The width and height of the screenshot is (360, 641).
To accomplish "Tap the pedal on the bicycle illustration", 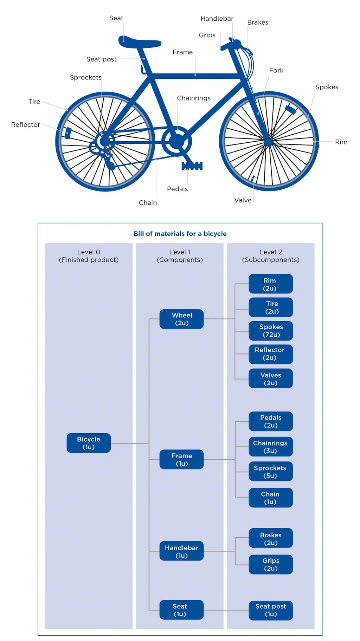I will [x=192, y=166].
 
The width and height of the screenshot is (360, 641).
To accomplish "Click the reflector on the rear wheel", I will [x=68, y=133].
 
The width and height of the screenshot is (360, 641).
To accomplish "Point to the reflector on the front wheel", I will [x=291, y=109].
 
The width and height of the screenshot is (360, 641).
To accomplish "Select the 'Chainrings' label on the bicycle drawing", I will [x=194, y=98].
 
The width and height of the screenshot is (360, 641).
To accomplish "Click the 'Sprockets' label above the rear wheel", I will [x=86, y=77].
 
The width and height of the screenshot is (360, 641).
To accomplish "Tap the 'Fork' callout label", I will [x=276, y=70].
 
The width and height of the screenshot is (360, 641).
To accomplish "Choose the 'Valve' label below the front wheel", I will [x=243, y=200].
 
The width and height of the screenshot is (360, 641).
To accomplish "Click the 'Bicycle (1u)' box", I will [x=89, y=443].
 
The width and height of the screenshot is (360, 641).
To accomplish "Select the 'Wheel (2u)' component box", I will [x=181, y=319].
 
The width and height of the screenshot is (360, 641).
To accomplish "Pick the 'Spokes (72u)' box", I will [x=271, y=331].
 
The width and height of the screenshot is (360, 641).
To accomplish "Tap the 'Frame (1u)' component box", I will [x=181, y=459].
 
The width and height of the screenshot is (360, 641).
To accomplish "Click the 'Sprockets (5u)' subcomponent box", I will [x=271, y=471].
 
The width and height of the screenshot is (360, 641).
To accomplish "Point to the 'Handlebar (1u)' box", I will [x=181, y=551].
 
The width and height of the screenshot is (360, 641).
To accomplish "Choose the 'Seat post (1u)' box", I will [x=271, y=610].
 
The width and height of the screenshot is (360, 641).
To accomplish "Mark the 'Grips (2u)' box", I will [x=271, y=564].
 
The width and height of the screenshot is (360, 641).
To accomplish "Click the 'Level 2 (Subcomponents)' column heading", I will [x=271, y=256].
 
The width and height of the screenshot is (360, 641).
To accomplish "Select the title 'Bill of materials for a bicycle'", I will [x=180, y=234].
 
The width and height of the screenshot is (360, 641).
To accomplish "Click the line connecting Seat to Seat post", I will [x=226, y=610].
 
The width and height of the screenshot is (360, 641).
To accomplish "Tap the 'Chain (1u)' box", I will [x=271, y=498].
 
